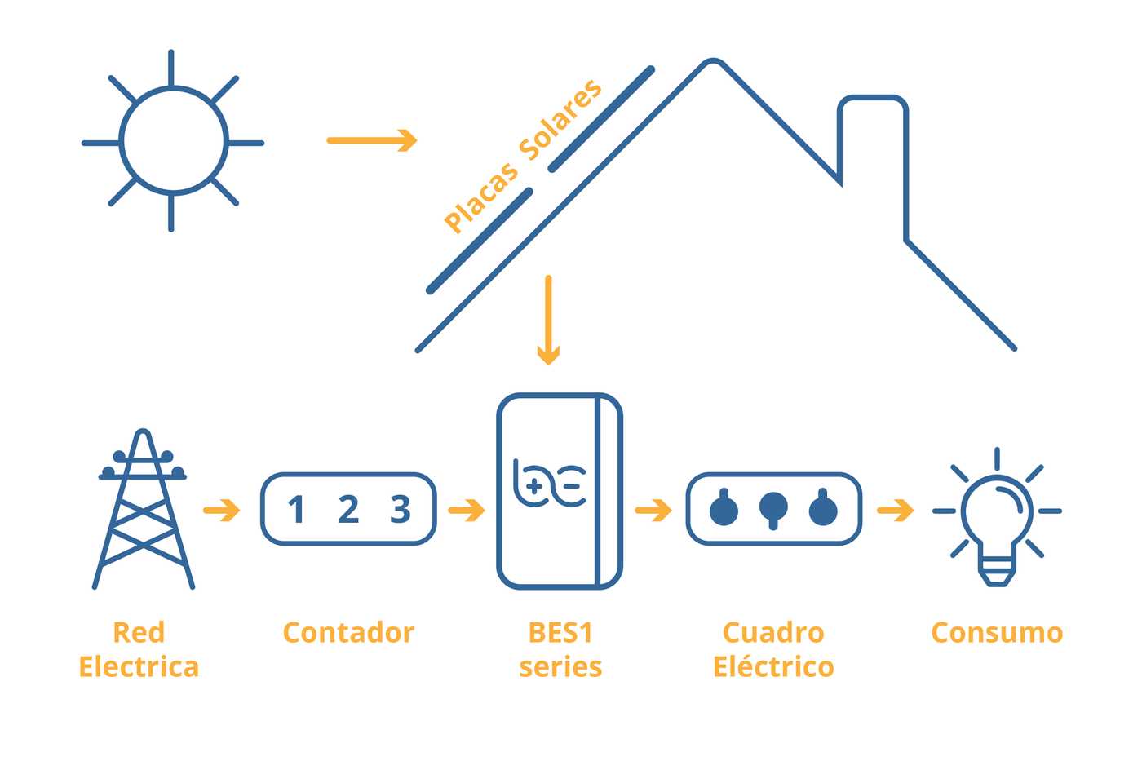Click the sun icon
pos(173,140)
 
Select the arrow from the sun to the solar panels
pos(372,140)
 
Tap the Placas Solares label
pos(523,156)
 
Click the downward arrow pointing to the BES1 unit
pos(548,320)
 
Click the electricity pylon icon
pos(144,509)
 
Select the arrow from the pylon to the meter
pos(221,511)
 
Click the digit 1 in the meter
pos(297,509)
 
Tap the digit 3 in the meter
pos(401,509)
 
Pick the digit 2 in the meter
pos(349,509)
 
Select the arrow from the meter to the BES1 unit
pos(467,511)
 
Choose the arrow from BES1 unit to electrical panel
pos(653,511)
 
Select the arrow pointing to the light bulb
pos(896,511)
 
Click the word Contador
pos(349,633)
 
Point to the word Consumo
pos(997,633)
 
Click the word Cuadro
pos(773,633)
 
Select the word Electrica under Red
pos(139,666)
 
